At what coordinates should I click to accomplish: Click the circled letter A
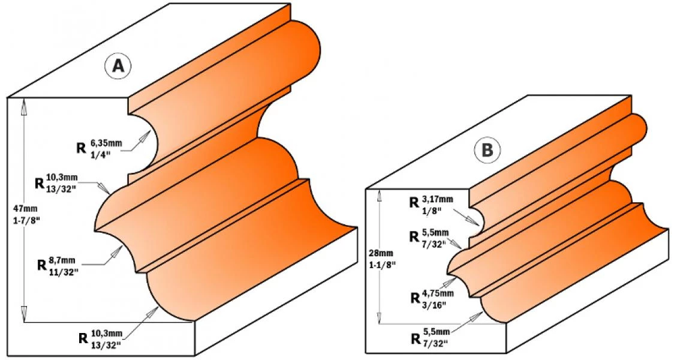coord(118,67)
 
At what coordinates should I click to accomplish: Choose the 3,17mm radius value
coord(437,199)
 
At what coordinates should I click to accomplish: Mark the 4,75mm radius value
coord(438,293)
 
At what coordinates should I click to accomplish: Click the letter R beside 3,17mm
coord(414,203)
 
